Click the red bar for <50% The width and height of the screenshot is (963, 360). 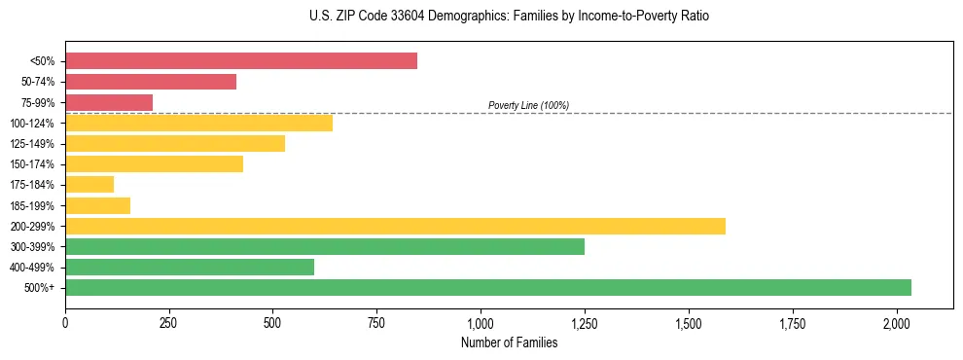[x=241, y=61]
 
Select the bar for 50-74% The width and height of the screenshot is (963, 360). [x=151, y=82]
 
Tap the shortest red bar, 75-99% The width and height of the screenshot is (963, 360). [x=109, y=102]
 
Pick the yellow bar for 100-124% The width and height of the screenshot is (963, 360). [x=198, y=123]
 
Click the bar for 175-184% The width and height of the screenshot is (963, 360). [x=89, y=184]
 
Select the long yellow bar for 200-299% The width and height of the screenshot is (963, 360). [x=395, y=226]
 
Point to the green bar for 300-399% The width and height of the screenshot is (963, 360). [x=325, y=246]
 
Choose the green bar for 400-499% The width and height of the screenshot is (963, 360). [x=190, y=267]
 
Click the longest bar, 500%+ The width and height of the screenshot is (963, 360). [x=488, y=287]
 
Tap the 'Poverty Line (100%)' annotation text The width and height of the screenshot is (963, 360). [x=528, y=105]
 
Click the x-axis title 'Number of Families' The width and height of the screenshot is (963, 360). [x=510, y=342]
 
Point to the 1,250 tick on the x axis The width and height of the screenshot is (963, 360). [x=585, y=321]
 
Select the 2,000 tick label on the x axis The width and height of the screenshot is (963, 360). [x=897, y=321]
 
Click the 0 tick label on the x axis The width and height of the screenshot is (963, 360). [x=65, y=321]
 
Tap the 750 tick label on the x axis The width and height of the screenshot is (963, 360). [x=376, y=321]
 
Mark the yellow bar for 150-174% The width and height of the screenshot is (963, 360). [x=154, y=163]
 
